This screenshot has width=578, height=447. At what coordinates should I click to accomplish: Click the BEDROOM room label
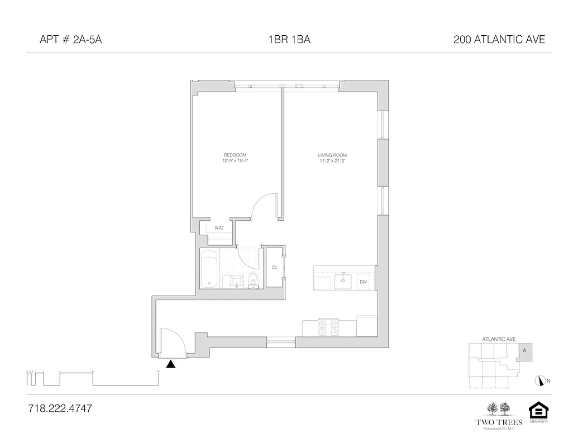click(235, 155)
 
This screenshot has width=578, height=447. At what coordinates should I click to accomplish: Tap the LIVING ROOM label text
click(328, 155)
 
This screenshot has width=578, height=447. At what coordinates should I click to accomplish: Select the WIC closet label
click(219, 227)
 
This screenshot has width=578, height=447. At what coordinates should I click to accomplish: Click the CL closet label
click(275, 268)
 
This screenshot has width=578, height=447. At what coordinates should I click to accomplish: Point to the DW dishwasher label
click(363, 282)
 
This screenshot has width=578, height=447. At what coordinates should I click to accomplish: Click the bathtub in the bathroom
click(210, 269)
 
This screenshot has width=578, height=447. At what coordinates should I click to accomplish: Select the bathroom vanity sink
click(234, 281)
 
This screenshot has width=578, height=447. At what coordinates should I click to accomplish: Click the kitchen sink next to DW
click(342, 282)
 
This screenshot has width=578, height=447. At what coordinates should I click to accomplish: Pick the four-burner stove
click(328, 327)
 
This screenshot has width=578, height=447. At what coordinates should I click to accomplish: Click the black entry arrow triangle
click(171, 364)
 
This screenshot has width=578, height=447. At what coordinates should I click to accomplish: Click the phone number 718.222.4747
click(59, 408)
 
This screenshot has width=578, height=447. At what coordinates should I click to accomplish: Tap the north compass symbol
click(540, 381)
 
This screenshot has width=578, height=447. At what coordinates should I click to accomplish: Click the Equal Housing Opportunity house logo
click(538, 411)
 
